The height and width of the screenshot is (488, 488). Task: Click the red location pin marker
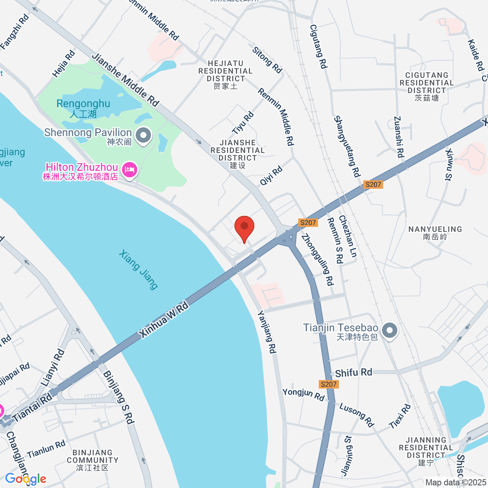[x=244, y=227]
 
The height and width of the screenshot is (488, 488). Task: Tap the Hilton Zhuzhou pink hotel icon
[x=130, y=169]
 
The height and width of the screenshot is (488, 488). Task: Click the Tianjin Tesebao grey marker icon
[x=390, y=331]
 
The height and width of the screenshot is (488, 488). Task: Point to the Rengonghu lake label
[x=83, y=108]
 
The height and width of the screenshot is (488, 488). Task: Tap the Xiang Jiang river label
[x=138, y=270]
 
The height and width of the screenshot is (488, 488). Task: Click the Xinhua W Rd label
[x=163, y=320]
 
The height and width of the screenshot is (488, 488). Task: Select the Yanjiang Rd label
[x=268, y=332]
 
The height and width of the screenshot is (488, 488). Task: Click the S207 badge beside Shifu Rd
[x=328, y=384]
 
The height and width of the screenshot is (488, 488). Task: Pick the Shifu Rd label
[x=353, y=373]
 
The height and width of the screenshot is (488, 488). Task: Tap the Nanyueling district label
[x=435, y=233]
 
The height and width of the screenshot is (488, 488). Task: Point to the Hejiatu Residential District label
[x=225, y=74]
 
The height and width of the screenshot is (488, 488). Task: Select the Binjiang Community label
[x=93, y=460]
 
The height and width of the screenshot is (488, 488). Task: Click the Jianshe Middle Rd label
[x=125, y=80]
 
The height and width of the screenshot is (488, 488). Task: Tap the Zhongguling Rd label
[x=317, y=259]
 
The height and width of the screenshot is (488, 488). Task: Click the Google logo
[x=26, y=479]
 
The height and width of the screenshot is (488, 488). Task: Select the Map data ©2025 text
[x=455, y=482]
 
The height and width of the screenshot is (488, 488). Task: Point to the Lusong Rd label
[x=356, y=415]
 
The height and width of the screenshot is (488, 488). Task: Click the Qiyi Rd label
[x=271, y=176]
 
